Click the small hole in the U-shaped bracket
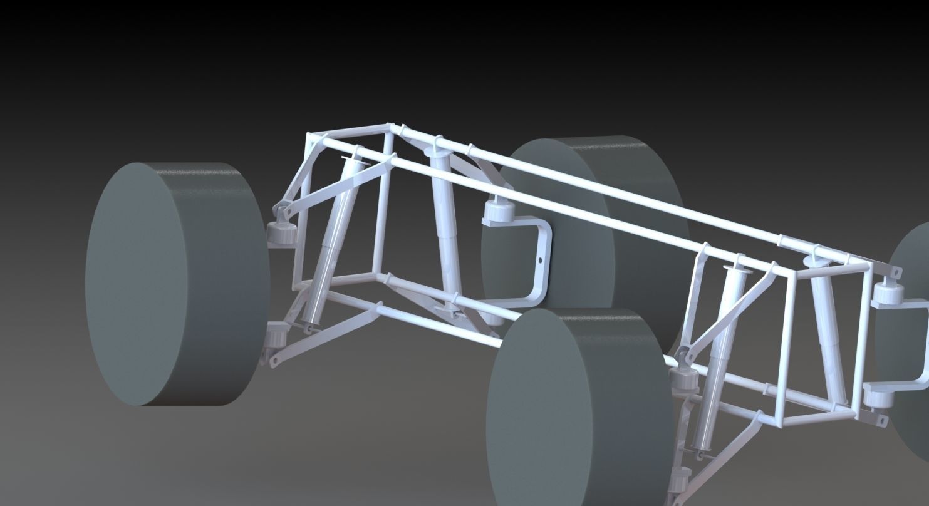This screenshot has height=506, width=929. coord(540,260)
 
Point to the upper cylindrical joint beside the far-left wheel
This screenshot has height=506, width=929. coord(281,233)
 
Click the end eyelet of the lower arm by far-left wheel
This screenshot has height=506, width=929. coord(274,361)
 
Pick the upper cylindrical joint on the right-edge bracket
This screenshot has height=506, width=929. coord(886,293)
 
